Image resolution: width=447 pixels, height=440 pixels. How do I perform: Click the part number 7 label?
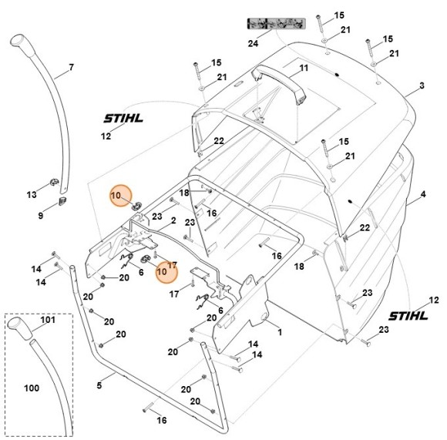click(71, 68)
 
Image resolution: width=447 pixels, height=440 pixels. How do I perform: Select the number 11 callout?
click(304, 69)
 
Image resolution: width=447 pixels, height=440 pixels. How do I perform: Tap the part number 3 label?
click(422, 86)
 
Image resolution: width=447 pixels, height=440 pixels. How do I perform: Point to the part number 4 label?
click(422, 196)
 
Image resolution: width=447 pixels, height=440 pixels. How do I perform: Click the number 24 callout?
click(252, 44)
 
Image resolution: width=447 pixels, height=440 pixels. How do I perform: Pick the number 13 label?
click(32, 193)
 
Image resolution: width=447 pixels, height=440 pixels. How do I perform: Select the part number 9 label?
click(41, 217)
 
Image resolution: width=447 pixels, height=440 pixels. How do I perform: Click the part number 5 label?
click(99, 384)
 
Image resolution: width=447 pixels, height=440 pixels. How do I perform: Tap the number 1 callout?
click(280, 332)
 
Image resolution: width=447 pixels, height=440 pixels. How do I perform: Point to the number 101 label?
click(48, 319)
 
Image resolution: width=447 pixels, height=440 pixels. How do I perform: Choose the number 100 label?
click(31, 388)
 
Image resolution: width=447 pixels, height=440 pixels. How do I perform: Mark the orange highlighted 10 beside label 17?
click(162, 272)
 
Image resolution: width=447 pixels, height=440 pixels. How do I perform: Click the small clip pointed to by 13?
click(54, 183)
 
